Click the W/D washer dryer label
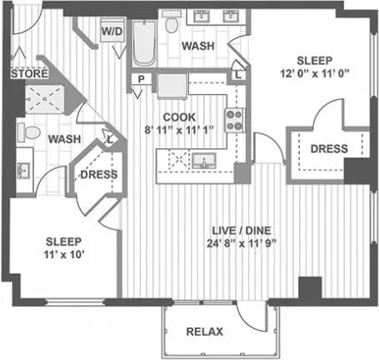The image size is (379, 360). [112, 31]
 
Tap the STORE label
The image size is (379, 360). [29, 73]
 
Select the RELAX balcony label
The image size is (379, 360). [205, 332]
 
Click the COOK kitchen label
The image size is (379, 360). [179, 117]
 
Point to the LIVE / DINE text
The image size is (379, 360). [242, 230]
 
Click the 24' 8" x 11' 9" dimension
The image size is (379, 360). [242, 243]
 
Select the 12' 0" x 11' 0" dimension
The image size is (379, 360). [314, 73]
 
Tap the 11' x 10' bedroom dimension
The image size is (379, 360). [64, 254]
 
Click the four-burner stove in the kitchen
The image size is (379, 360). [235, 120]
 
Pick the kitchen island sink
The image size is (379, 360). [204, 161]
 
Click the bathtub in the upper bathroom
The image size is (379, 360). [144, 43]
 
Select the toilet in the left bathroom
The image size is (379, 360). [28, 132]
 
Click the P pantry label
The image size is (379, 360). [142, 79]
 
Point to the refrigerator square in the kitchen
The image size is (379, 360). [172, 86]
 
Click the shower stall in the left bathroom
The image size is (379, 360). [45, 99]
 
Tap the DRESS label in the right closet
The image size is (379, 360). [329, 149]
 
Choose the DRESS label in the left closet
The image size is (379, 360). [99, 174]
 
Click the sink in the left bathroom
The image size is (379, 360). [23, 170]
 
